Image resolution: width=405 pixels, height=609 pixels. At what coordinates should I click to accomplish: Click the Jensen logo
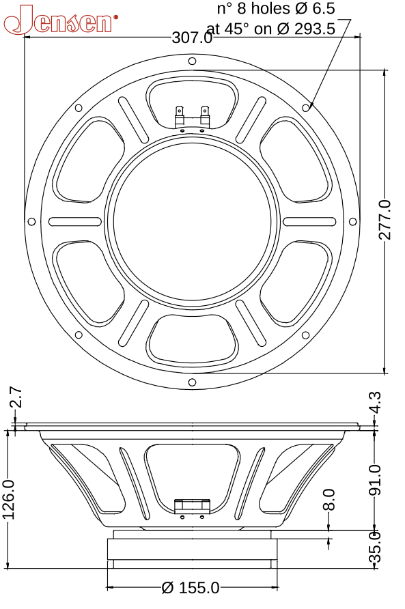tap(60, 20)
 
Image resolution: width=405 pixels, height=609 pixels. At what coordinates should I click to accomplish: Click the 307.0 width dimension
tap(192, 38)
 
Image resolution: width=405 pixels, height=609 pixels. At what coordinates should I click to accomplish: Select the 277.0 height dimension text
tap(385, 220)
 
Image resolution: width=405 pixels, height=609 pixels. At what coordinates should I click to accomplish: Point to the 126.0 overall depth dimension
tap(9, 499)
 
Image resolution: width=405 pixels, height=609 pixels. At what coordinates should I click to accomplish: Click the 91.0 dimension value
tap(375, 481)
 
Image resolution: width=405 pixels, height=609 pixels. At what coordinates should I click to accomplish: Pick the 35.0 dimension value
tap(375, 547)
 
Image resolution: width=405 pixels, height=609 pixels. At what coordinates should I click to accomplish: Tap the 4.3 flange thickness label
tap(375, 402)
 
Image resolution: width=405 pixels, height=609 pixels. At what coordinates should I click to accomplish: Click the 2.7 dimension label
tap(15, 397)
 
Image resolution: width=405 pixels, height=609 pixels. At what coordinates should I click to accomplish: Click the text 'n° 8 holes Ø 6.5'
tap(276, 9)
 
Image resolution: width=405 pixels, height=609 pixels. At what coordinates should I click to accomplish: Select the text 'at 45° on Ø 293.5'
tap(270, 29)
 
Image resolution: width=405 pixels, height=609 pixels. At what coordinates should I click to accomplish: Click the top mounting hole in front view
tap(192, 61)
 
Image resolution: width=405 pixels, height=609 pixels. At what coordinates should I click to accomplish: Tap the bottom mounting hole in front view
tap(192, 381)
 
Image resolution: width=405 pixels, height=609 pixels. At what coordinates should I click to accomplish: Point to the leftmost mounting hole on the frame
tap(31, 221)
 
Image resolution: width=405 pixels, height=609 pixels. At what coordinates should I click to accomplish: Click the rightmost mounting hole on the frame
tap(352, 221)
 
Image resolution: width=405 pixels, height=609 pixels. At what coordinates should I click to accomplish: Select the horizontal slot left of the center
tap(75, 221)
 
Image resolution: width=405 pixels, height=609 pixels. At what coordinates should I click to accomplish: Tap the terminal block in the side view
tap(192, 507)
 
